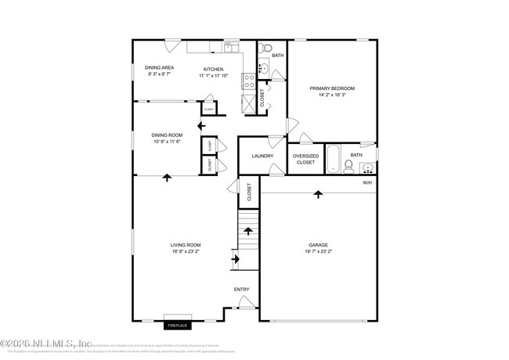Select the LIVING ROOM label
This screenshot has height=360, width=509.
pyautogui.click(x=186, y=245)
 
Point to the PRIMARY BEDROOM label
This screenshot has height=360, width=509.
pyautogui.click(x=332, y=88)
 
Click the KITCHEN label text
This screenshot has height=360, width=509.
pyautogui.click(x=214, y=68)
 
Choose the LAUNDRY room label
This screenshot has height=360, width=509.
pyautogui.click(x=262, y=156)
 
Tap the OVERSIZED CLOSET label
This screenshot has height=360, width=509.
pyautogui.click(x=305, y=158)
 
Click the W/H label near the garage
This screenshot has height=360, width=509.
pyautogui.click(x=366, y=183)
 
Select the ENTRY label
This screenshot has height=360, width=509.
pyautogui.click(x=242, y=290)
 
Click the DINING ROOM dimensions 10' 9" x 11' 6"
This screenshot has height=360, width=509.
pyautogui.click(x=166, y=142)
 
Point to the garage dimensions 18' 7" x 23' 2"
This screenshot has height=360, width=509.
pyautogui.click(x=319, y=252)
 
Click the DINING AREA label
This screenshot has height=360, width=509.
pyautogui.click(x=159, y=68)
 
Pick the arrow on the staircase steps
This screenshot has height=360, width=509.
pyautogui.click(x=248, y=231)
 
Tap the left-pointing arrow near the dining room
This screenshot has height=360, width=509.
pyautogui.click(x=201, y=124)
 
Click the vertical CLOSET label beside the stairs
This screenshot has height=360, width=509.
pyautogui.click(x=249, y=193)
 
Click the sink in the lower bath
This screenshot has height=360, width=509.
pyautogui.click(x=366, y=166)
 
